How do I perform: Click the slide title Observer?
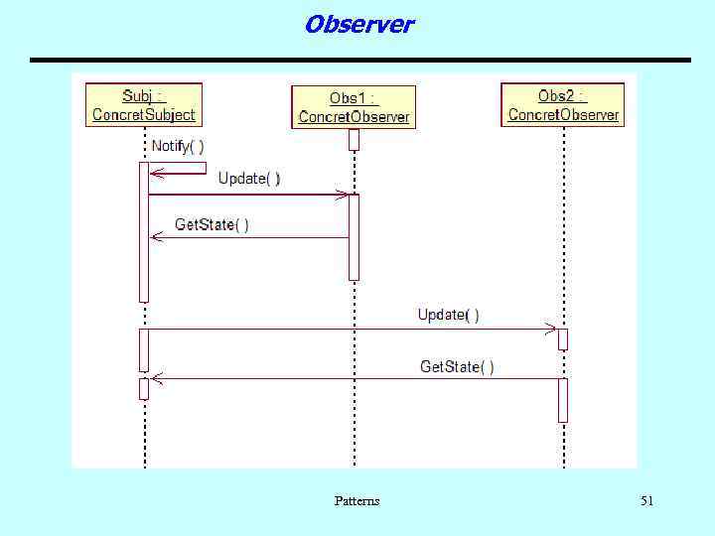358,24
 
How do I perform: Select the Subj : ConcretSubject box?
144,105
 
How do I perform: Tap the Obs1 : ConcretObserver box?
354,107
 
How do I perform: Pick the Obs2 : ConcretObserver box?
563,105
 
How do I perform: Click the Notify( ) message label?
178,146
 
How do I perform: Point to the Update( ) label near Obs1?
249,178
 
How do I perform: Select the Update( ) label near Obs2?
448,315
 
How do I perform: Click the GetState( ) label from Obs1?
212,224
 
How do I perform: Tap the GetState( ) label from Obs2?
457,367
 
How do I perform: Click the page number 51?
646,501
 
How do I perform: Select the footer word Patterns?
357,501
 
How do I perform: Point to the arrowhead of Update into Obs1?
343,195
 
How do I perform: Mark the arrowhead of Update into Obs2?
551,329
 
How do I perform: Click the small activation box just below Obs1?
354,140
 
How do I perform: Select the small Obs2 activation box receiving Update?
563,338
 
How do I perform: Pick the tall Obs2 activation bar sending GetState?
563,399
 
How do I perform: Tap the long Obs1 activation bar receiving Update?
354,237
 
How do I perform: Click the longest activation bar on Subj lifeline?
144,231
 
